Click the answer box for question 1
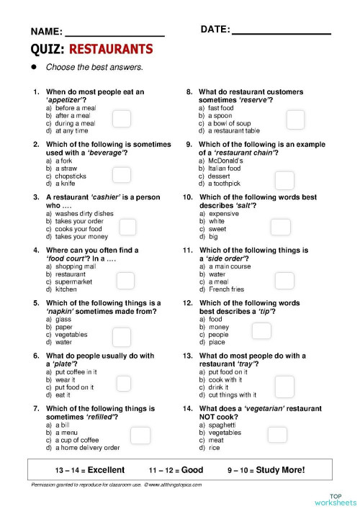pos(121,120)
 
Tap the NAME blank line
pos(114,34)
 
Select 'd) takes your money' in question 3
pos(81,236)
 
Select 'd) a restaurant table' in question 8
pos(234,131)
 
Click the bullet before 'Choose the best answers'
pos(33,67)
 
